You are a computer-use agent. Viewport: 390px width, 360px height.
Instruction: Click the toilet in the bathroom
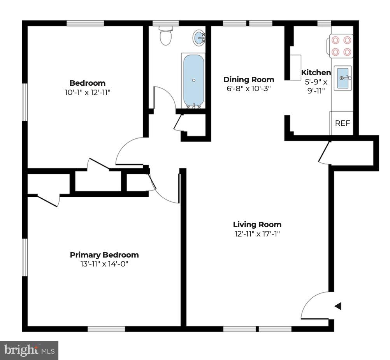[166, 36]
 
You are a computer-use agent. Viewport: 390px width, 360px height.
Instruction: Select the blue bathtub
[193, 79]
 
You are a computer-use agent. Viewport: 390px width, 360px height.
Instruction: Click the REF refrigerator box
[343, 123]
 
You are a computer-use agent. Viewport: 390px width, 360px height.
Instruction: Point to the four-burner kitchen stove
[341, 46]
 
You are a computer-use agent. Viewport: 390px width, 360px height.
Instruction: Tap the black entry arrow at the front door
[338, 306]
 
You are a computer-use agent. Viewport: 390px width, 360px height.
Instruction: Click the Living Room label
[257, 224]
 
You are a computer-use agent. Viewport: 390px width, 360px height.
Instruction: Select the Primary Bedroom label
[104, 255]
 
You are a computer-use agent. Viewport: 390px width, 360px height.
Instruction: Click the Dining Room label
[248, 79]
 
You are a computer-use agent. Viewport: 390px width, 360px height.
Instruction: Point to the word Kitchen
[316, 72]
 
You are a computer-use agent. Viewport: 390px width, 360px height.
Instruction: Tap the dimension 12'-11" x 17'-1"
[257, 234]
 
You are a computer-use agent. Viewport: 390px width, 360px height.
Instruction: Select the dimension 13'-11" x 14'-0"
[104, 264]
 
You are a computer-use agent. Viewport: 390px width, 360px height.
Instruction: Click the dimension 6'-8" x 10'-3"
[248, 88]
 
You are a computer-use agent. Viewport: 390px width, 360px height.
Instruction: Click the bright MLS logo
[29, 350]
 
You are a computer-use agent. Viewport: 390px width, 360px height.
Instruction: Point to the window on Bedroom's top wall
[85, 23]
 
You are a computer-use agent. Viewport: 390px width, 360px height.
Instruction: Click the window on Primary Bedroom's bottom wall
[106, 329]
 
